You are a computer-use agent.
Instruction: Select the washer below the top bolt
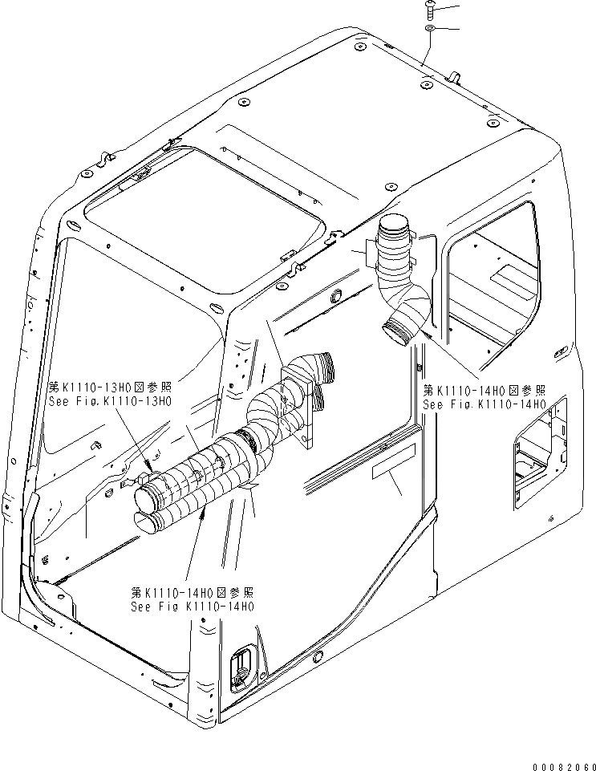tap(431, 29)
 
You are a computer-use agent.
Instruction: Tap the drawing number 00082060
tap(562, 762)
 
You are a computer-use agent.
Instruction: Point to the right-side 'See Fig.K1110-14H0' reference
tap(484, 405)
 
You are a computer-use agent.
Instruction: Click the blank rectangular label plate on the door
tap(392, 464)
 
